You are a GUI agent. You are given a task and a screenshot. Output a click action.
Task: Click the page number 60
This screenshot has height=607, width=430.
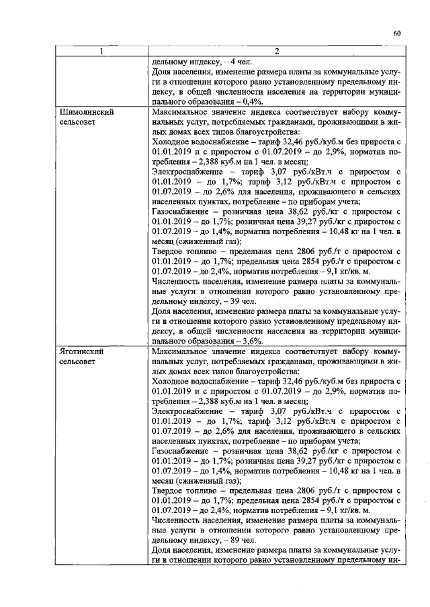pyautogui.click(x=396, y=34)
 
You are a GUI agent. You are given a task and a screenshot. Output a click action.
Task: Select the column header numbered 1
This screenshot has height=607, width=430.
pyautogui.click(x=102, y=52)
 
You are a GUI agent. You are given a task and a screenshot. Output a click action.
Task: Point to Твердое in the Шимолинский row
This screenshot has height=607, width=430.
pyautogui.click(x=169, y=256)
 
